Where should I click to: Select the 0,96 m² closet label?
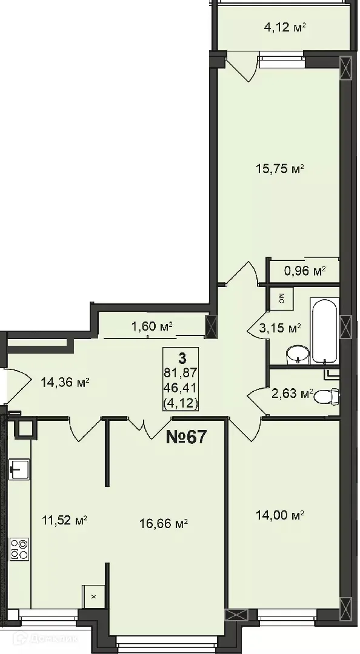(305, 271)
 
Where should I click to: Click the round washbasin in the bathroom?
(297, 355)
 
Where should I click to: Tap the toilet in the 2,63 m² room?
(327, 397)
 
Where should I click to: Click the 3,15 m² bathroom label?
(281, 329)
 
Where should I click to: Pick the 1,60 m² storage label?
(152, 327)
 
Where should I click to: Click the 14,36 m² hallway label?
(65, 382)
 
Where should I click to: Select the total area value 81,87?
(182, 372)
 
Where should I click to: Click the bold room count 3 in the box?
(182, 358)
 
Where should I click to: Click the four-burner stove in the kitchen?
(19, 549)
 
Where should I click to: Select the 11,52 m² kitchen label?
(65, 519)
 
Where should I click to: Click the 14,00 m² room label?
(279, 515)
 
